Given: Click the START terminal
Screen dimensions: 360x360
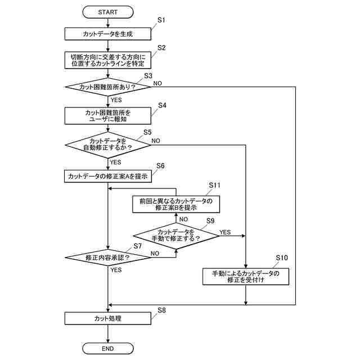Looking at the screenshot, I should point(107,11).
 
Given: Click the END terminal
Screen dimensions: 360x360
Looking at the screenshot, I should point(107,349).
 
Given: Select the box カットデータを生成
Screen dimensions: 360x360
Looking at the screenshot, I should point(107,34).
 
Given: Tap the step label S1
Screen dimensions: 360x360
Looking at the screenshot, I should point(161,20).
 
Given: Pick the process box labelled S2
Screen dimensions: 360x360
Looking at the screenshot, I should point(107,60).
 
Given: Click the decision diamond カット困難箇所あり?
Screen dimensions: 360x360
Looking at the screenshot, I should point(107,87).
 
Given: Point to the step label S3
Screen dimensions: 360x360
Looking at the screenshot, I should point(148,75).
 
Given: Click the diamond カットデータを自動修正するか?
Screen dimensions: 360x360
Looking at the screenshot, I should point(107,145).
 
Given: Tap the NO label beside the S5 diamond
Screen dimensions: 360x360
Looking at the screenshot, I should point(156,140).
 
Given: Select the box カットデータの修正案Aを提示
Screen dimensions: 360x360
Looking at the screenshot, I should point(107,176).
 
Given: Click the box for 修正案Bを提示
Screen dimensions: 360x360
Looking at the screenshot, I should point(176,204).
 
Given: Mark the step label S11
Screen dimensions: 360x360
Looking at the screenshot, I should point(215,184).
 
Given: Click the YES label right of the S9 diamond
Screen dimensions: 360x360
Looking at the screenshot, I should point(225,232).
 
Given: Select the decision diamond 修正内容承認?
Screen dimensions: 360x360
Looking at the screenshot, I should point(107,257).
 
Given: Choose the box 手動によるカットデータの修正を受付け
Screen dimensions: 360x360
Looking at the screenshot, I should point(246,276).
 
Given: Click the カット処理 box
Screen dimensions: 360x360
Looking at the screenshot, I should point(107,318).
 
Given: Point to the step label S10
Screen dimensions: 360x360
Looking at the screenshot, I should point(282,257).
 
